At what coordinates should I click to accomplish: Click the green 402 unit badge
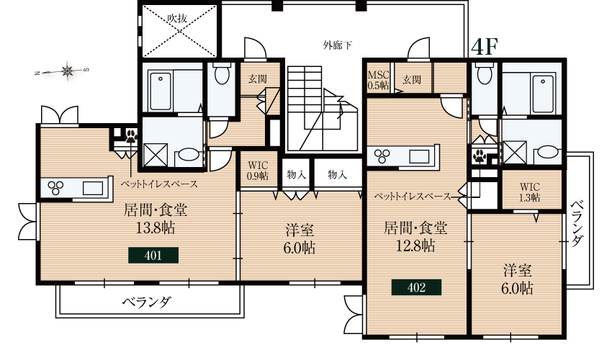[415, 287]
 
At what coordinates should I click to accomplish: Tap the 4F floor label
[484, 45]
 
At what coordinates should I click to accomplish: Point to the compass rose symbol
[68, 71]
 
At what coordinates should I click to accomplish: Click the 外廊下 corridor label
[338, 45]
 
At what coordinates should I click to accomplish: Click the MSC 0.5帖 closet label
[378, 79]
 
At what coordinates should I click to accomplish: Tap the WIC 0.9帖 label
[258, 170]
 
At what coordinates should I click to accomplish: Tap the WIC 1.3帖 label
[529, 191]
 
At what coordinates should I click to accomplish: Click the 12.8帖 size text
[415, 246]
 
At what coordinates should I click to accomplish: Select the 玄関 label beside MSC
[412, 79]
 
